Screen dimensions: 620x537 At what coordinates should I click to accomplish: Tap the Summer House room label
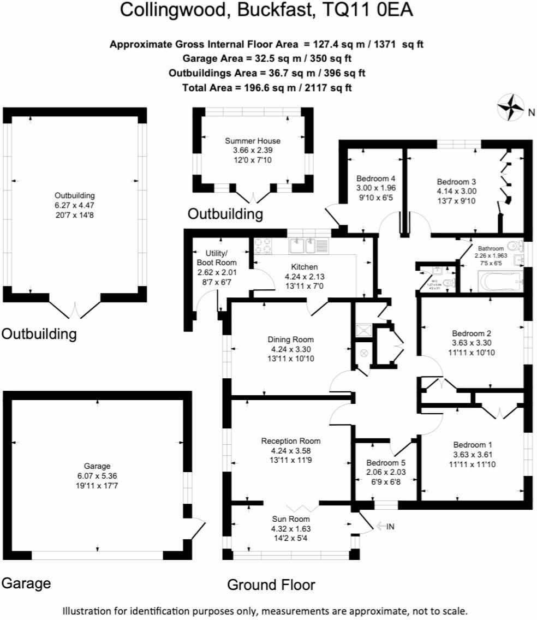[253, 141]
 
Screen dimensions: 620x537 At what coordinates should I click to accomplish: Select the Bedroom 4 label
[375, 178]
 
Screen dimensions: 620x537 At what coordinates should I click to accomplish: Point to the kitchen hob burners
[262, 247]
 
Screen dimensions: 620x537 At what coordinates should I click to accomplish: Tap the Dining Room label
[289, 339]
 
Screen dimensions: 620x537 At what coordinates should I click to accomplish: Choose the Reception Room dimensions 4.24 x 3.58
[289, 451]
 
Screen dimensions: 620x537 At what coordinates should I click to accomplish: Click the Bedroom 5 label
[386, 462]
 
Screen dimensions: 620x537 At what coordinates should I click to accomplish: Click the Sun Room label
[291, 519]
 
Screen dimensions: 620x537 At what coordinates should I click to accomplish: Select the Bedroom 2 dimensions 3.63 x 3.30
[473, 343]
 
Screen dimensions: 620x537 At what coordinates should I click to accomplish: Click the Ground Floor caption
[271, 585]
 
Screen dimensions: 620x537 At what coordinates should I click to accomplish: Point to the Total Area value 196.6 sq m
[268, 87]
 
